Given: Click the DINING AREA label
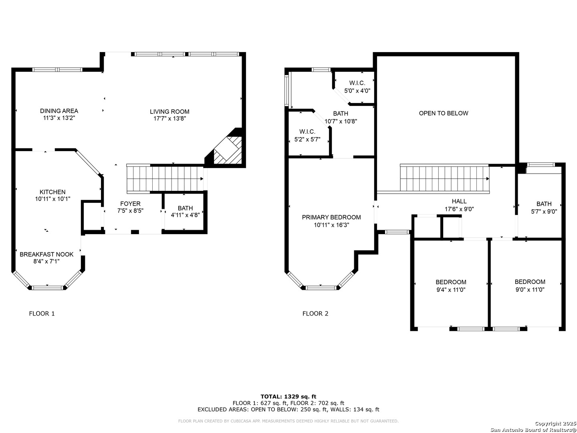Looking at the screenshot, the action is click(59, 111).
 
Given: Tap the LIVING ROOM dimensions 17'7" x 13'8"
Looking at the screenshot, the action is click(169, 119).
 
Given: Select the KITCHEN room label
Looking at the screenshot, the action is click(52, 192).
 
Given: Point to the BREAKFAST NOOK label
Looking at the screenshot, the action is click(46, 254).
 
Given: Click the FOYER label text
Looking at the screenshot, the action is click(130, 204).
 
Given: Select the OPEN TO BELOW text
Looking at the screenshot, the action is click(444, 113).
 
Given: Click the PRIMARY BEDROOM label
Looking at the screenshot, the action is click(331, 217).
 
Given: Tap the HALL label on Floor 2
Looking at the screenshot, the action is click(459, 201).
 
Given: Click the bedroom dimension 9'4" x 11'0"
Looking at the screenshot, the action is click(451, 290).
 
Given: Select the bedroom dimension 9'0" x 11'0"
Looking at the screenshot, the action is click(530, 289).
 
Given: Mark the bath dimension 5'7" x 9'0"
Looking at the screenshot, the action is click(544, 211).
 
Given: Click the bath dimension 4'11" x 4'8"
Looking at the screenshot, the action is click(186, 215).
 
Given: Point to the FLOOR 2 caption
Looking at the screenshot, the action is click(315, 314).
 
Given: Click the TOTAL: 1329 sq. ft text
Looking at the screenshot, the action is click(288, 397).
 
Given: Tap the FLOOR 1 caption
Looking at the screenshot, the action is click(42, 314).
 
